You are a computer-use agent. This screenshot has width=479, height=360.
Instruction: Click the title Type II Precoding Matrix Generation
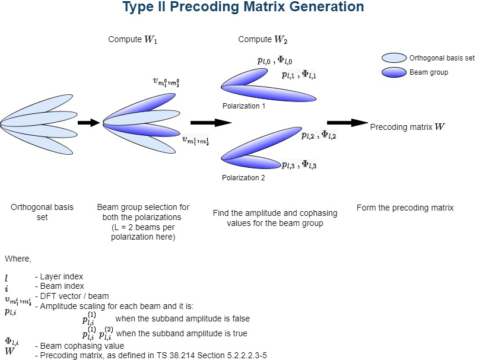pos(243,8)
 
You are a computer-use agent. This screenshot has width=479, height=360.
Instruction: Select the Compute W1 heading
pos(132,40)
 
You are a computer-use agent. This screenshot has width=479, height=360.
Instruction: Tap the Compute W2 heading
pos(262,40)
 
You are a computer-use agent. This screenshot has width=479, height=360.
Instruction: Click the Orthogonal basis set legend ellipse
pos(393,58)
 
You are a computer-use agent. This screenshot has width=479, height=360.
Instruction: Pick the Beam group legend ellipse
pos(393,72)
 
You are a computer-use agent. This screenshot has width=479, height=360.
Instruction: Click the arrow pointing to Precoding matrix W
pos(347,123)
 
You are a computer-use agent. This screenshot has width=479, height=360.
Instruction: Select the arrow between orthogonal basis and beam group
pos(89,123)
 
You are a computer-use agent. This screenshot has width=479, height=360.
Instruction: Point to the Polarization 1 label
pos(243,106)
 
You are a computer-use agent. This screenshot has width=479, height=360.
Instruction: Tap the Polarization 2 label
pos(243,177)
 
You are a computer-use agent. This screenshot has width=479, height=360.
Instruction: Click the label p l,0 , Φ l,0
pos(274,60)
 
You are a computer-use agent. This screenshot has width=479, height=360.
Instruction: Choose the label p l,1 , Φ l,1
pos(299,74)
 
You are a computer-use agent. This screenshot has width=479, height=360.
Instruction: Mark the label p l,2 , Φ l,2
pos(318,135)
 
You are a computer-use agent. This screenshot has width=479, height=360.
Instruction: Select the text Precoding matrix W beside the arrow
pos(407,127)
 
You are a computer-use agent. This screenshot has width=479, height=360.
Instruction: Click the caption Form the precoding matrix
pos(405,208)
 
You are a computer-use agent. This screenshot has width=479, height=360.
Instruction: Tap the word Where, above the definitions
pos(18,259)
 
